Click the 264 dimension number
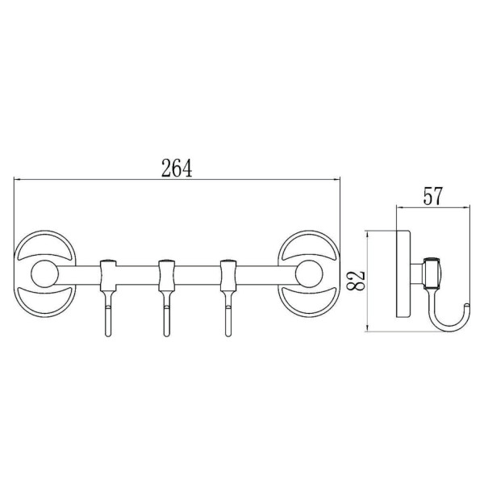pyautogui.click(x=177, y=168)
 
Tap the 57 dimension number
pyautogui.click(x=432, y=196)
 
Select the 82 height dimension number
pyautogui.click(x=355, y=281)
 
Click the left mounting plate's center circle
pyautogui.click(x=44, y=273)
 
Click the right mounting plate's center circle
pyautogui.click(x=309, y=273)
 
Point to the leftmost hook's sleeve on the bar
pyautogui.click(x=108, y=275)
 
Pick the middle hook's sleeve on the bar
pyautogui.click(x=167, y=275)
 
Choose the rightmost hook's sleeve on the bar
pyautogui.click(x=228, y=275)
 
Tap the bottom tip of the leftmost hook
pyautogui.click(x=108, y=336)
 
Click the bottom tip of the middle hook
pyautogui.click(x=167, y=336)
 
